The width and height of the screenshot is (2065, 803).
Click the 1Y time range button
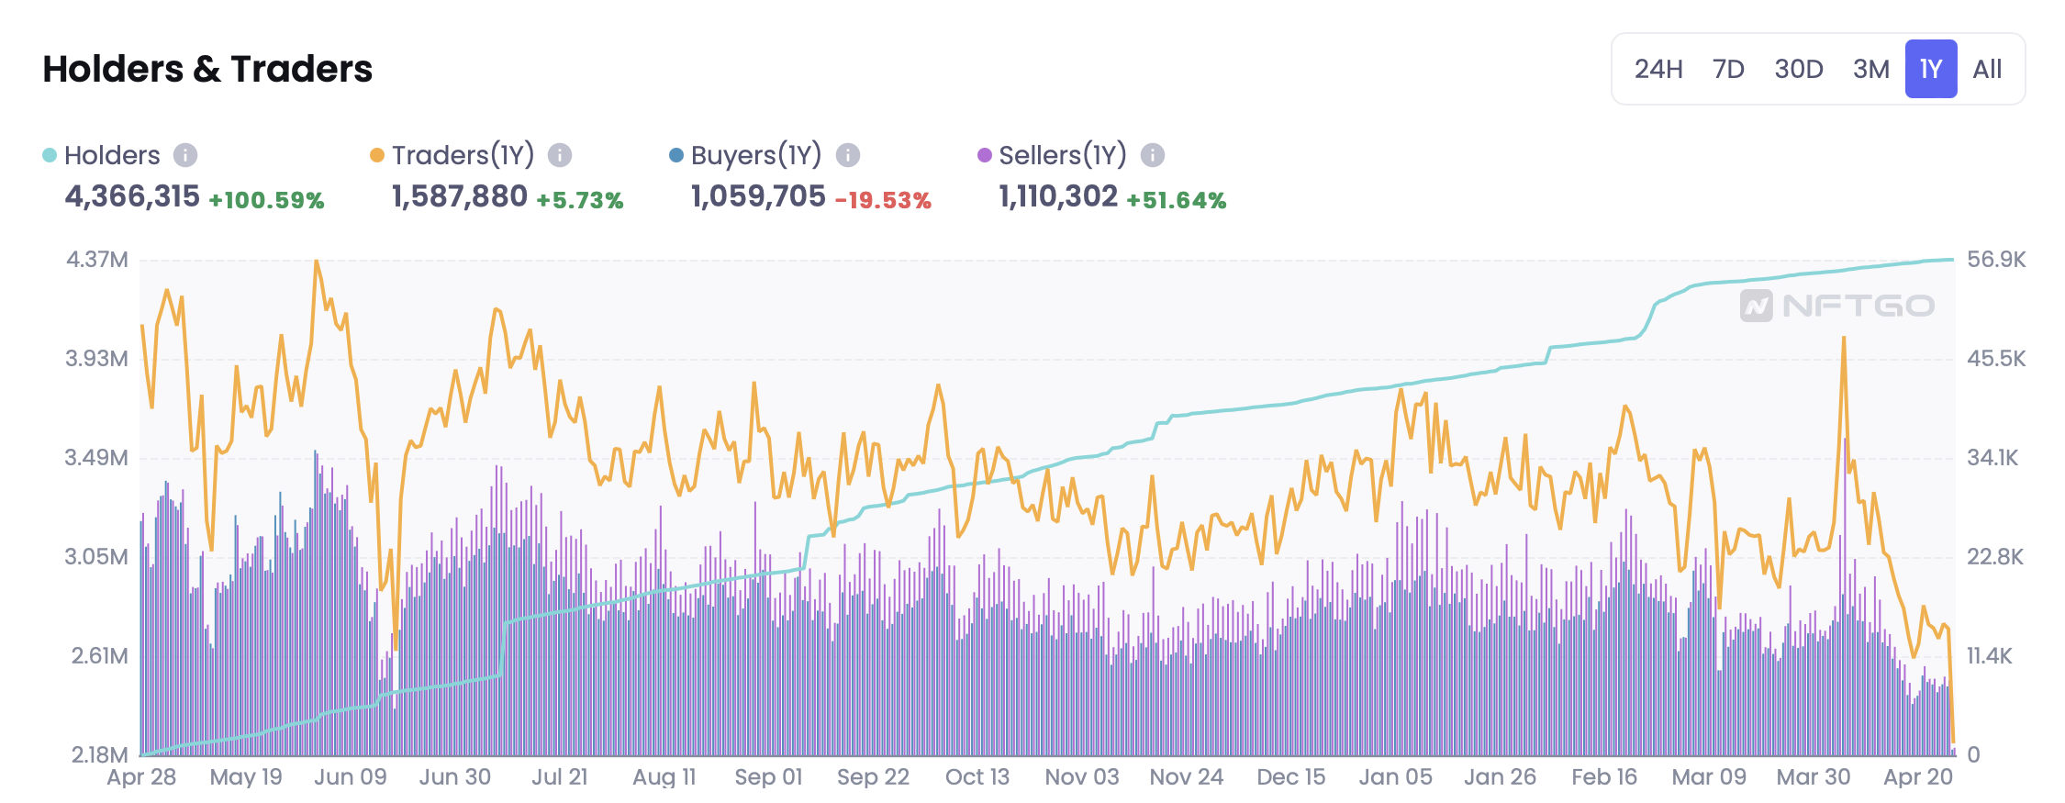point(1930,69)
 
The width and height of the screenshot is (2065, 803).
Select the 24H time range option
point(1658,69)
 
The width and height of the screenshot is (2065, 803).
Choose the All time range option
point(1987,69)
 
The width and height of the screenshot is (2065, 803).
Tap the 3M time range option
point(1870,69)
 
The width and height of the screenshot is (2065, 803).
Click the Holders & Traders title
point(207,69)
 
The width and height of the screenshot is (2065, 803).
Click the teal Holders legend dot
point(50,155)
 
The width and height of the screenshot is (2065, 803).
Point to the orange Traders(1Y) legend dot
point(376,155)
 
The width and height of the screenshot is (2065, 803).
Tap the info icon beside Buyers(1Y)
point(848,155)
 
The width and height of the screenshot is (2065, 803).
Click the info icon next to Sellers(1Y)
point(1153,155)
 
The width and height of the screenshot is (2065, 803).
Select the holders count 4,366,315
point(132,196)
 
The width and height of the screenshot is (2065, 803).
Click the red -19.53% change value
point(883,200)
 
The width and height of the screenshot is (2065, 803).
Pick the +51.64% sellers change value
point(1177,200)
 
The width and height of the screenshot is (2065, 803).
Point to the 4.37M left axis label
point(96,260)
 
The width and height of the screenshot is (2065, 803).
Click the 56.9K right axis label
point(1996,260)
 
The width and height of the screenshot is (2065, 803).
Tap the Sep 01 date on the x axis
point(768,777)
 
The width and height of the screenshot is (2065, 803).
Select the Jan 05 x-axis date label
point(1395,777)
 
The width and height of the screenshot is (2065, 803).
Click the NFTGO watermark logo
point(1837,306)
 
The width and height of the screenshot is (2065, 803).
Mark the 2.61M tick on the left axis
point(99,656)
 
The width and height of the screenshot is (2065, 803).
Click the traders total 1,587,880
point(460,196)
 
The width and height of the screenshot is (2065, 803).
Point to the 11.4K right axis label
point(1989,656)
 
